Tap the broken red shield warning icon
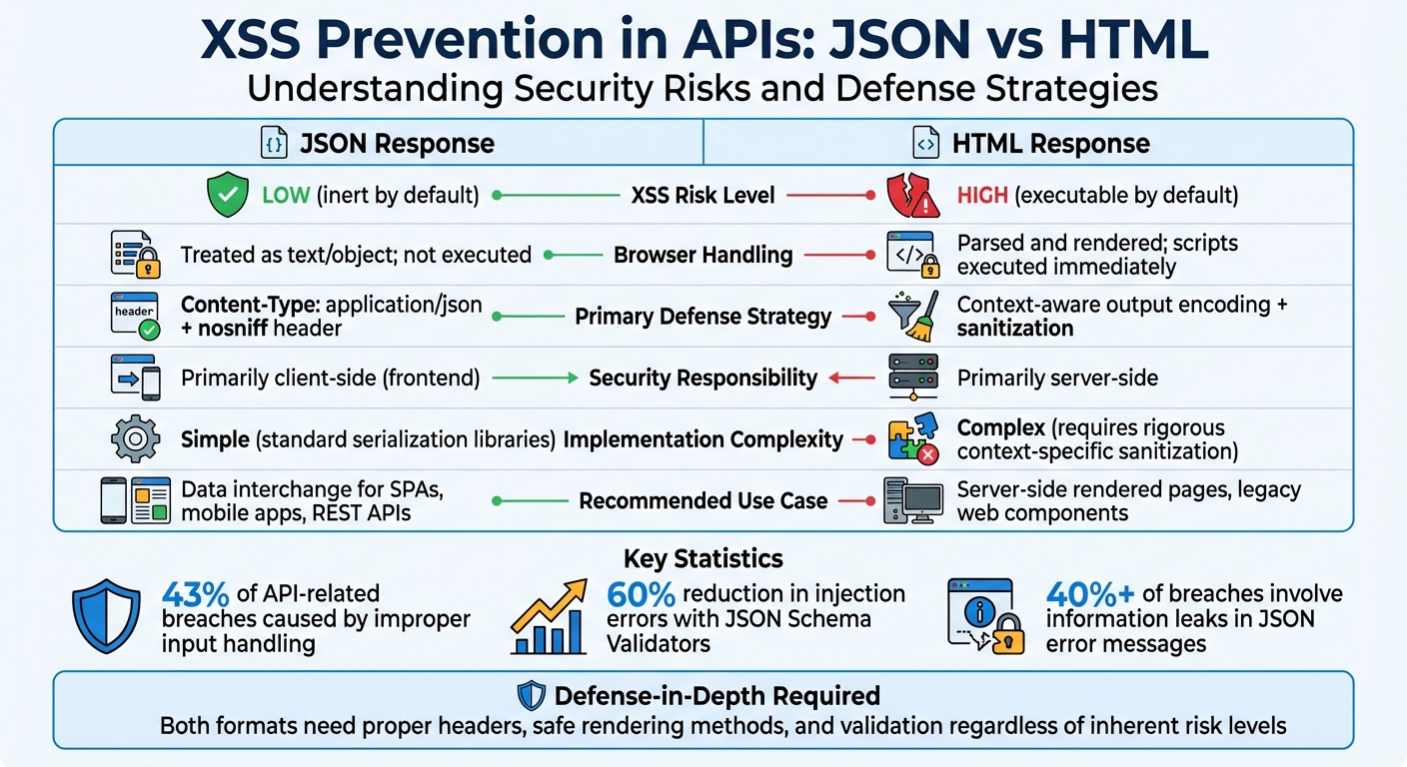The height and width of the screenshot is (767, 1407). point(913,196)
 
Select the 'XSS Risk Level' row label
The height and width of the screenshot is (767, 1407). point(703,196)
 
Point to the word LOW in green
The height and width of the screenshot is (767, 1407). point(285,196)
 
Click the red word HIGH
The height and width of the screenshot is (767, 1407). point(982,196)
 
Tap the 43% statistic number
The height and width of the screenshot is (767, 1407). point(196,594)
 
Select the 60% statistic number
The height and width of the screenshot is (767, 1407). point(641,594)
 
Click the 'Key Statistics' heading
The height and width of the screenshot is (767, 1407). point(703,558)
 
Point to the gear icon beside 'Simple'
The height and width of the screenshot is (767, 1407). point(135,439)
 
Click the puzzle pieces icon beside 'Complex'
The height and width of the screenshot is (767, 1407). point(913,439)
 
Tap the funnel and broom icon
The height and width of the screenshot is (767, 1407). point(913,316)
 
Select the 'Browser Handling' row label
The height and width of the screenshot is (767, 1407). point(703,255)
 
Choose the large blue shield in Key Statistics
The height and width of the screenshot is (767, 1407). point(107,617)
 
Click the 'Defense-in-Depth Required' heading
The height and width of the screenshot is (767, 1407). point(716,696)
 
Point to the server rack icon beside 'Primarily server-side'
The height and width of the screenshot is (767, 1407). point(913,378)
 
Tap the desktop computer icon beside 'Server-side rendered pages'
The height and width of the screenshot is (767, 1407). point(913,499)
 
